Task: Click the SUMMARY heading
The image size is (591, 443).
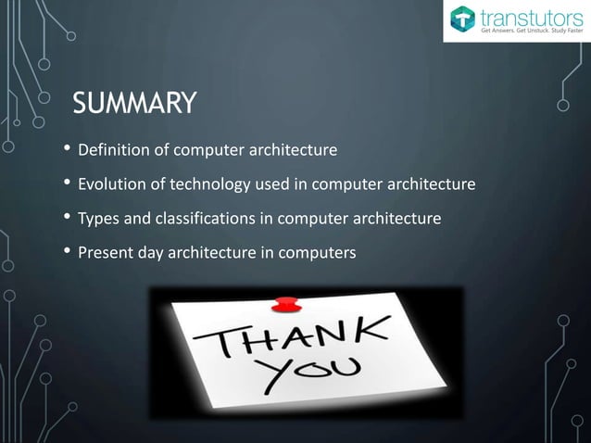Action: click(134, 104)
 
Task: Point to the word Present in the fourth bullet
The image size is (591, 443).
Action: click(106, 252)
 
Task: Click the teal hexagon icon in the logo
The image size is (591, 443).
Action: click(462, 19)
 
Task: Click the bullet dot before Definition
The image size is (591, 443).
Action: click(66, 150)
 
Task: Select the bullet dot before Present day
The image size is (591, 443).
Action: click(66, 252)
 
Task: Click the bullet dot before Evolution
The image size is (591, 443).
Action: click(66, 184)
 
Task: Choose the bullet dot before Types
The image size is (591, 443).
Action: click(66, 219)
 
